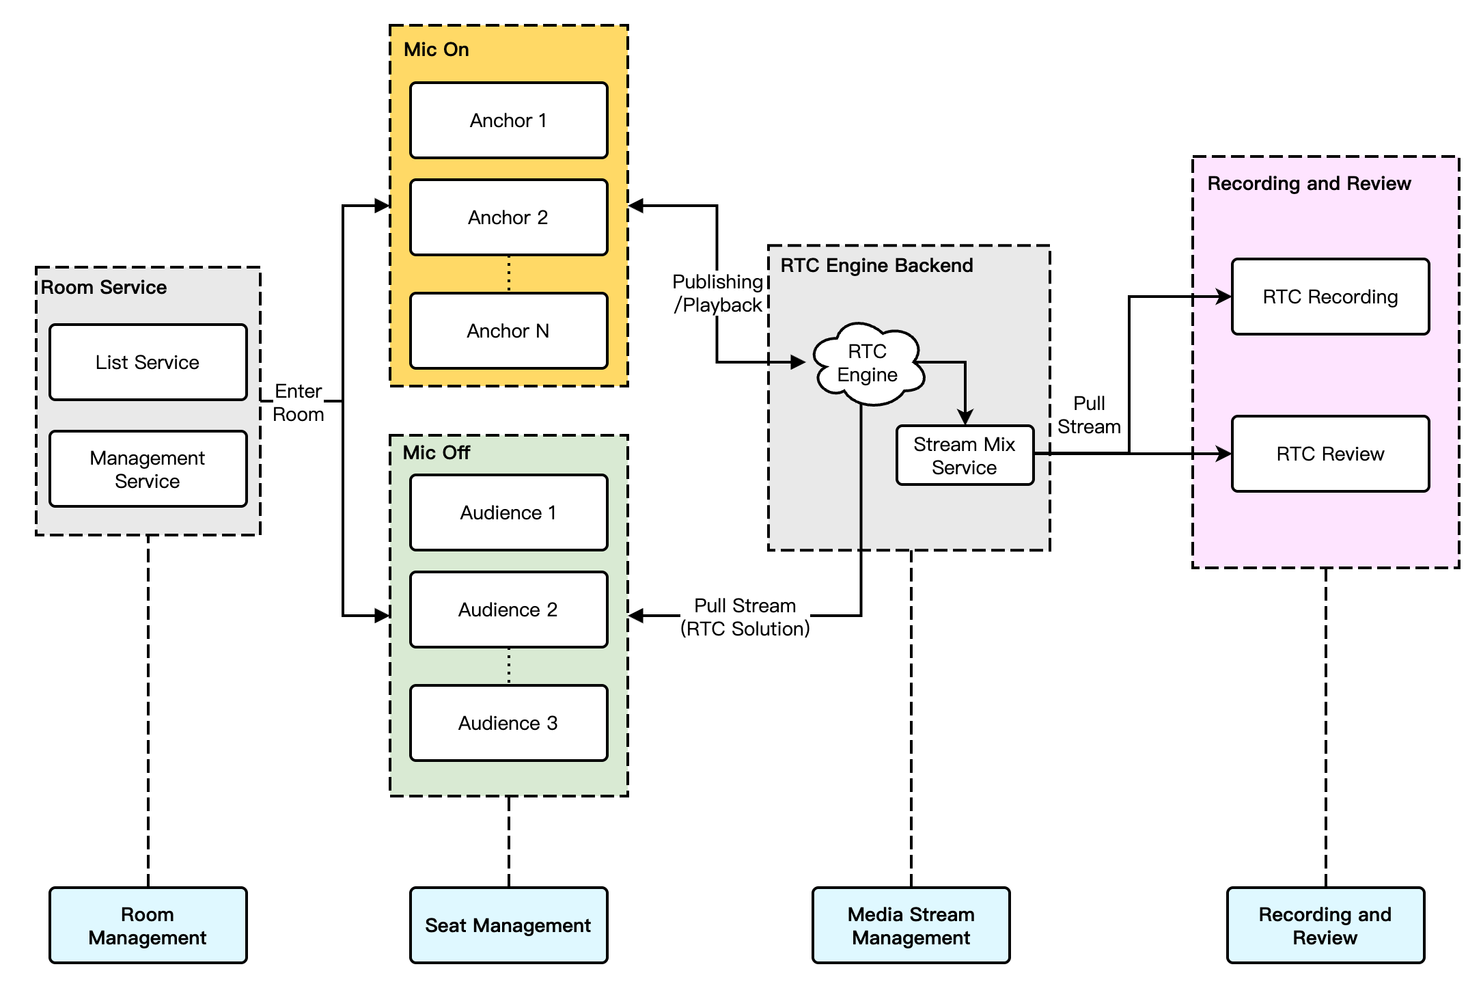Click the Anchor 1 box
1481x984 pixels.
508,120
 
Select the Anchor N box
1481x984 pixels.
508,331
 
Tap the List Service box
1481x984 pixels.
148,362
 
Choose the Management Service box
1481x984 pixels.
148,469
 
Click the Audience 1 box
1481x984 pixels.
508,512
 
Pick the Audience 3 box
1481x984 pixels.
508,723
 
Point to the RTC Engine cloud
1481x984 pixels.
868,364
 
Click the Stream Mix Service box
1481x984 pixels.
965,456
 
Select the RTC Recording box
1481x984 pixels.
1330,297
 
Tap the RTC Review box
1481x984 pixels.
1330,454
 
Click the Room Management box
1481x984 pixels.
148,925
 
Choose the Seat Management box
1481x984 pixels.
508,925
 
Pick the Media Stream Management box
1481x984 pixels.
911,925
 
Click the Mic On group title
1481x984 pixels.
437,49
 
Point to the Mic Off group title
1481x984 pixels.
437,452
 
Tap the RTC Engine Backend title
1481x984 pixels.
876,265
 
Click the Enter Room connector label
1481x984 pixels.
299,402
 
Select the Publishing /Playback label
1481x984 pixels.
717,293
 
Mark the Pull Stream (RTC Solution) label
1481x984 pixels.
745,617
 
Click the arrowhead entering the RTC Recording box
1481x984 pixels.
1224,297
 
